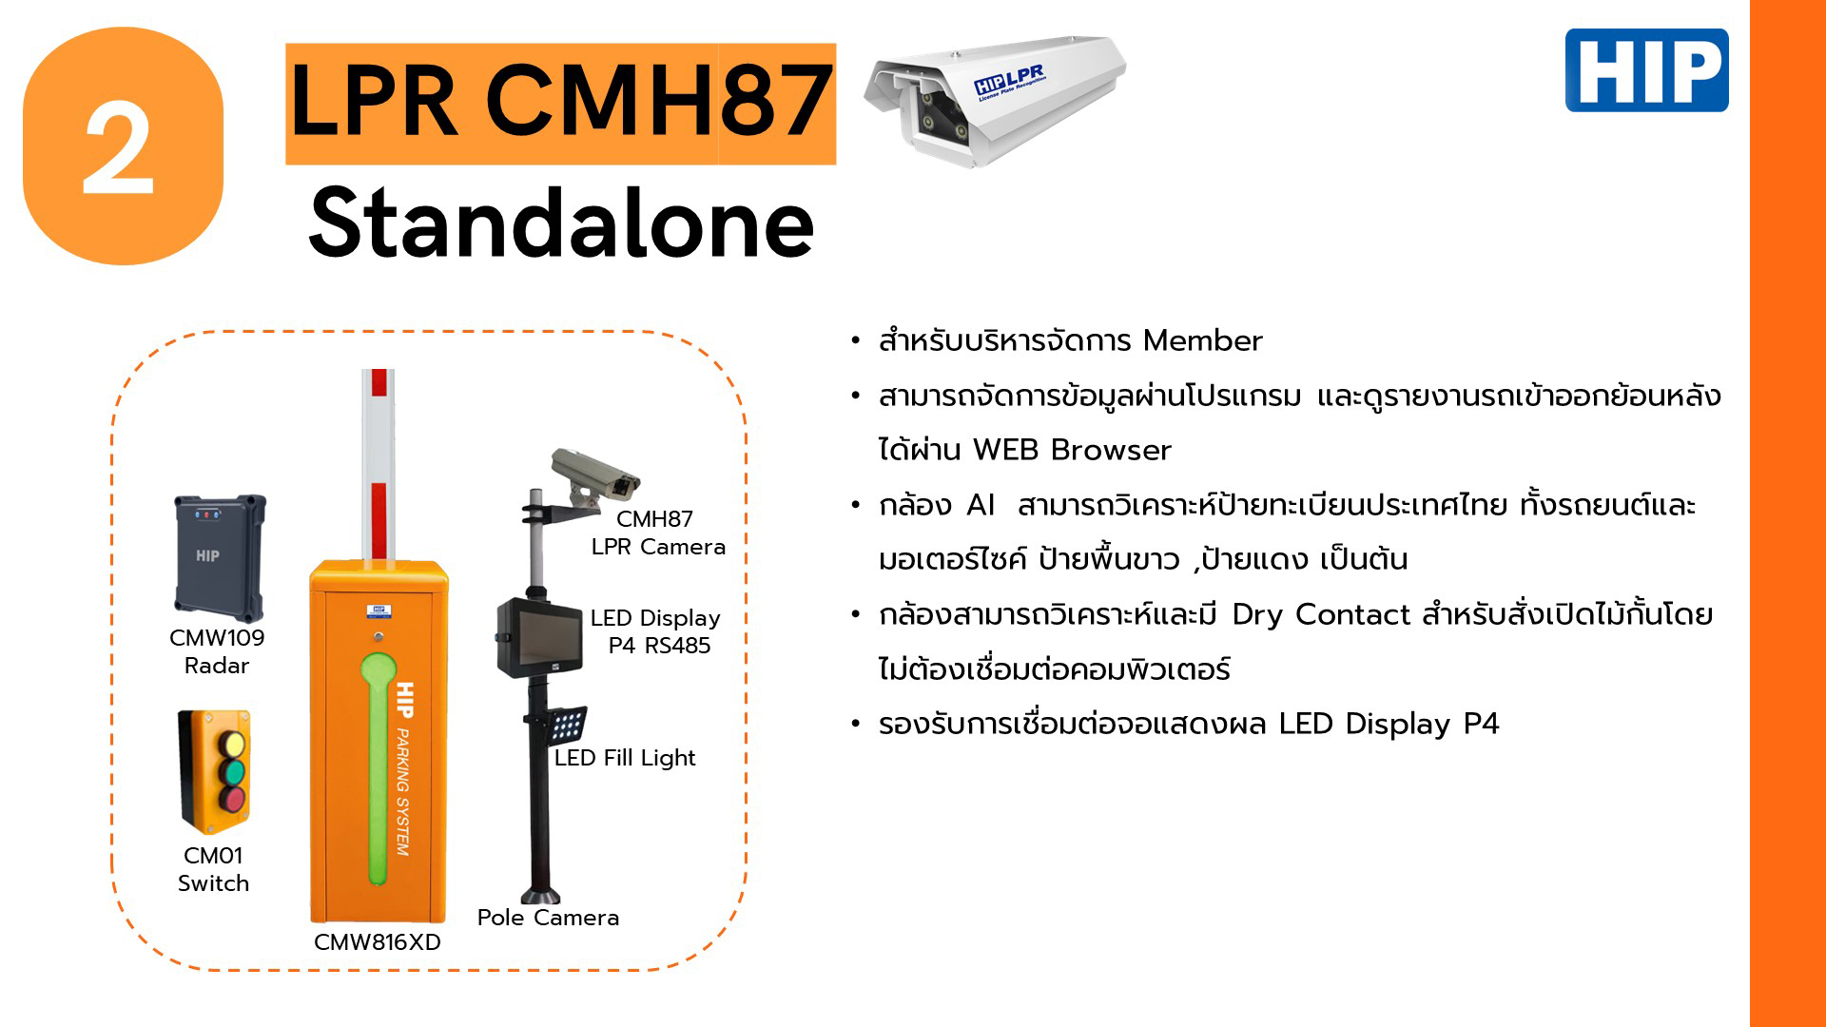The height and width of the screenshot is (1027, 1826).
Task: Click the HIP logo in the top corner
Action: point(1646,70)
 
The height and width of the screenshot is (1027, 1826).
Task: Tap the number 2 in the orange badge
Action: point(119,149)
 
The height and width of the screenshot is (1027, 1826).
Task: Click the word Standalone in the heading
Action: point(562,223)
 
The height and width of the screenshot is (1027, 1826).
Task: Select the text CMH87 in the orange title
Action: point(659,101)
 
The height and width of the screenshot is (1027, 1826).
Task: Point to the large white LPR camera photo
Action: point(995,100)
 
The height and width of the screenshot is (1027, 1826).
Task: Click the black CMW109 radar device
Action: point(220,557)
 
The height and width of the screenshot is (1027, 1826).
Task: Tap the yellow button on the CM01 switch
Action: point(231,744)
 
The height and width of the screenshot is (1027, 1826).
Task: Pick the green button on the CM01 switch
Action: point(231,771)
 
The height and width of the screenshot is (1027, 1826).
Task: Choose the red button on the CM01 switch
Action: point(231,799)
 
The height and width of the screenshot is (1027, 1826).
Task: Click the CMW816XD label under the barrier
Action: point(378,942)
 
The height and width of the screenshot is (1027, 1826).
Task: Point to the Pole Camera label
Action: point(548,918)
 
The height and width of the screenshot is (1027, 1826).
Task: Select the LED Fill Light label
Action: point(625,758)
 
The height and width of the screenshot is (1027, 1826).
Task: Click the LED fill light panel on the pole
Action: point(566,725)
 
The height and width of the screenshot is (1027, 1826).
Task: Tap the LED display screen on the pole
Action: point(540,636)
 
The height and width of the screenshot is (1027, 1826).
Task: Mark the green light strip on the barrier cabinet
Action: point(378,767)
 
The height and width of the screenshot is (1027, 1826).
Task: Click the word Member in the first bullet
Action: point(1203,340)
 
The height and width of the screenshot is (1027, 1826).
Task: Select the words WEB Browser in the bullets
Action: point(1072,450)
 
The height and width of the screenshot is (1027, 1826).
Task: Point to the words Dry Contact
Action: point(1321,615)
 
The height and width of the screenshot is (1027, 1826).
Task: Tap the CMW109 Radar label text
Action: point(217,651)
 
